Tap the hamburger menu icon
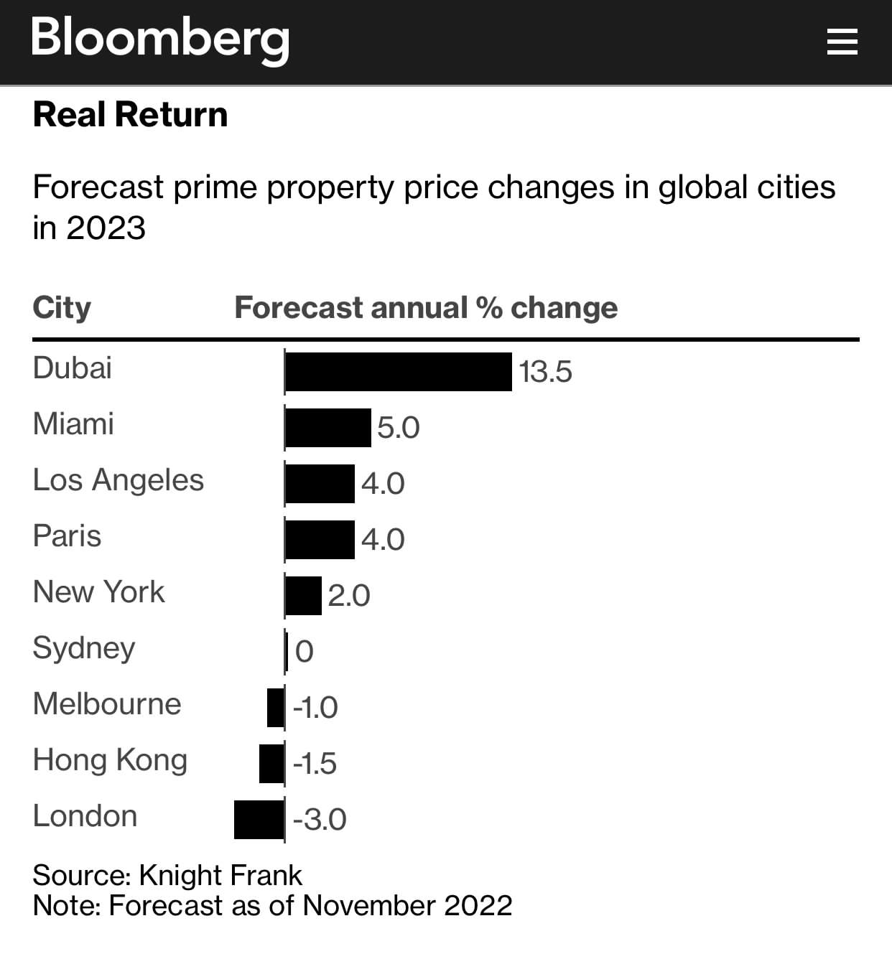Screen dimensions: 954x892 point(842,42)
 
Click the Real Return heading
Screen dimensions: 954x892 point(130,115)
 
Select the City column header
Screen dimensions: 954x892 point(62,308)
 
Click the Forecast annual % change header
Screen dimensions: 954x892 point(426,308)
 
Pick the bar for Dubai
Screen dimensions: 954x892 point(399,372)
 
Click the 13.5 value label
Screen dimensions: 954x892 point(545,372)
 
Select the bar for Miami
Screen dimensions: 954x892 point(328,428)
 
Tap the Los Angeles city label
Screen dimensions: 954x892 point(119,480)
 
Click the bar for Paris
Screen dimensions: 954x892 point(320,540)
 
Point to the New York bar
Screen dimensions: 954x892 point(304,596)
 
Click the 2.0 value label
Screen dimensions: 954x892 point(349,596)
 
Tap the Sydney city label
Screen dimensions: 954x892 point(84,648)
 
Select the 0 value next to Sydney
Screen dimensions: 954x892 point(305,652)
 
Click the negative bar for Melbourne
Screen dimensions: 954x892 point(276,708)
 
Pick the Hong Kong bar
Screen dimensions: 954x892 point(272,764)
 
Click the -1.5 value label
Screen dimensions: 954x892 point(315,764)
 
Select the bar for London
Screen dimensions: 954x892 point(259,820)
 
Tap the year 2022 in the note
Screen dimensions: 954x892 point(478,906)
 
